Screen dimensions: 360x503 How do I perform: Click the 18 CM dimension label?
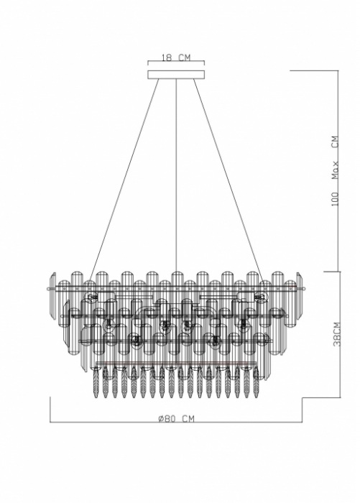[175, 57]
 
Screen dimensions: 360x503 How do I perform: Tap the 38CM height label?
[336, 333]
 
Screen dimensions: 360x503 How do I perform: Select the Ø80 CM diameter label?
[176, 419]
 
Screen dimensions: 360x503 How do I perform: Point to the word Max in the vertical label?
[336, 170]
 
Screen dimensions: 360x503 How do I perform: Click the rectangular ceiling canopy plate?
[176, 75]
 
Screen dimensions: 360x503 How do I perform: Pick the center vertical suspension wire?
[176, 175]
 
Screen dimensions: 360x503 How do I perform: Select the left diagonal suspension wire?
[124, 180]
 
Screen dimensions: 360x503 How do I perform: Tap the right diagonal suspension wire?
[229, 180]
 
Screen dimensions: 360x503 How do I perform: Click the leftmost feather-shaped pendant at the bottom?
[96, 382]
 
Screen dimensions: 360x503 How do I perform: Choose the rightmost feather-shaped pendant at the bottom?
[256, 382]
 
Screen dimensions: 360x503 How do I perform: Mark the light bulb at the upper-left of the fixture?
[92, 297]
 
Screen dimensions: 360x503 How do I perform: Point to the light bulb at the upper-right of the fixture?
[261, 297]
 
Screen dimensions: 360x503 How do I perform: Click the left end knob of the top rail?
[48, 289]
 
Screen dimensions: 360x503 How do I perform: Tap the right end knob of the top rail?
[303, 289]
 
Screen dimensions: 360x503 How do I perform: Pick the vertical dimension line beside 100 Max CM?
[338, 171]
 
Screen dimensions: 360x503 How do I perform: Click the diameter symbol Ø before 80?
[162, 419]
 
